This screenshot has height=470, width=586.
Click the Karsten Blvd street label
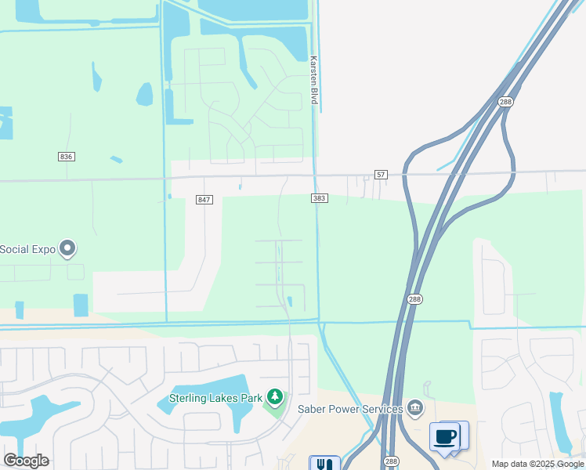tap(313, 81)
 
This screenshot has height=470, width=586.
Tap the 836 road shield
tap(66, 157)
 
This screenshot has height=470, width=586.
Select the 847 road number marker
tap(204, 200)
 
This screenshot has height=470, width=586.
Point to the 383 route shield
tap(319, 199)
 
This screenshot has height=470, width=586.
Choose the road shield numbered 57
tap(381, 173)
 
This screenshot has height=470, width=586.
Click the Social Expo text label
tap(28, 249)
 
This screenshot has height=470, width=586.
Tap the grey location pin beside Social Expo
tap(67, 248)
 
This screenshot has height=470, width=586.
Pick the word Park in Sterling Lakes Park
tap(251, 398)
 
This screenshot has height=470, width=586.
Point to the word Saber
tap(313, 408)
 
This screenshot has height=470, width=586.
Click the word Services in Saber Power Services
tap(381, 408)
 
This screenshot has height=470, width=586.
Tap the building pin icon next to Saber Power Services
tap(415, 407)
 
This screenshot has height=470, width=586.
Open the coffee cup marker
tap(445, 436)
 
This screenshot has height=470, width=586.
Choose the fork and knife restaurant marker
tap(324, 464)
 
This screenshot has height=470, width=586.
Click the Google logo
tap(27, 461)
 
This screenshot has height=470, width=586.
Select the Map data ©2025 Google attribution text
tap(537, 464)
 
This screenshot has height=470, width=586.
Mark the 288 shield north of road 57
tap(505, 102)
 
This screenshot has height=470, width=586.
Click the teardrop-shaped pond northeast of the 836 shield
tap(145, 95)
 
